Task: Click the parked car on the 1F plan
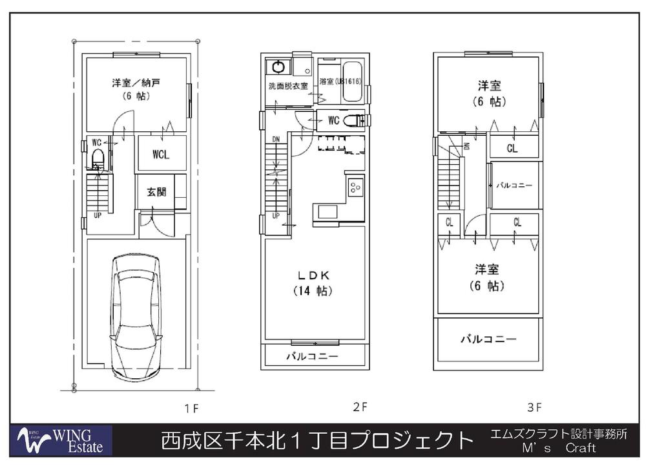(x=136, y=317)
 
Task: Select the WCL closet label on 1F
(x=161, y=155)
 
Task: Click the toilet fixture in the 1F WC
(x=98, y=158)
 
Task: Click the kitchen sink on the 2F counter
(x=327, y=211)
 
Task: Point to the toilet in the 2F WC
(x=353, y=120)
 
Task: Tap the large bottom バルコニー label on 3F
(x=488, y=339)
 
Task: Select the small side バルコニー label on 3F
(x=514, y=186)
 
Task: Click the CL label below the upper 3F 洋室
(x=512, y=149)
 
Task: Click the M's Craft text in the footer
(x=558, y=448)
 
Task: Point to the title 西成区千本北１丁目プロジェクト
(x=317, y=441)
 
